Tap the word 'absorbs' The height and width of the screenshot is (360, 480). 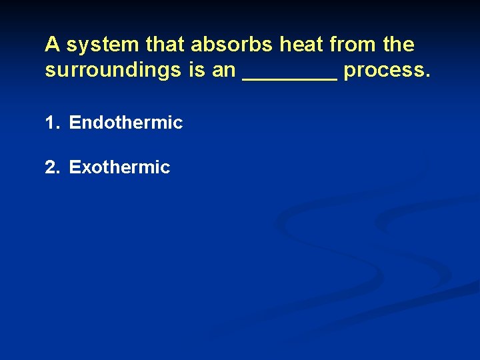[x=232, y=45]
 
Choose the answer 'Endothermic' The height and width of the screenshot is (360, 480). [x=125, y=123]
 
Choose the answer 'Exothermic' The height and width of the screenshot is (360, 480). [x=119, y=167]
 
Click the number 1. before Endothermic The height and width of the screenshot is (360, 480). [x=53, y=123]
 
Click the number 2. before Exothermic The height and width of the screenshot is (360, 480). [x=53, y=167]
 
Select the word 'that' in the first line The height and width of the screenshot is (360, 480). [x=167, y=45]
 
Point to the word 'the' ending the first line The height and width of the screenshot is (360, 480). [x=399, y=45]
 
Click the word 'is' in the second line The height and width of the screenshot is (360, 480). [x=197, y=71]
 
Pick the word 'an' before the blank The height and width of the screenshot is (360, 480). [x=224, y=71]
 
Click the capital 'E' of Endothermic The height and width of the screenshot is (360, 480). [x=75, y=123]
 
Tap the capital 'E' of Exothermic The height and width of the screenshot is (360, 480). [x=75, y=167]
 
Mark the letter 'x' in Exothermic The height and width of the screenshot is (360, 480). [x=85, y=167]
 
